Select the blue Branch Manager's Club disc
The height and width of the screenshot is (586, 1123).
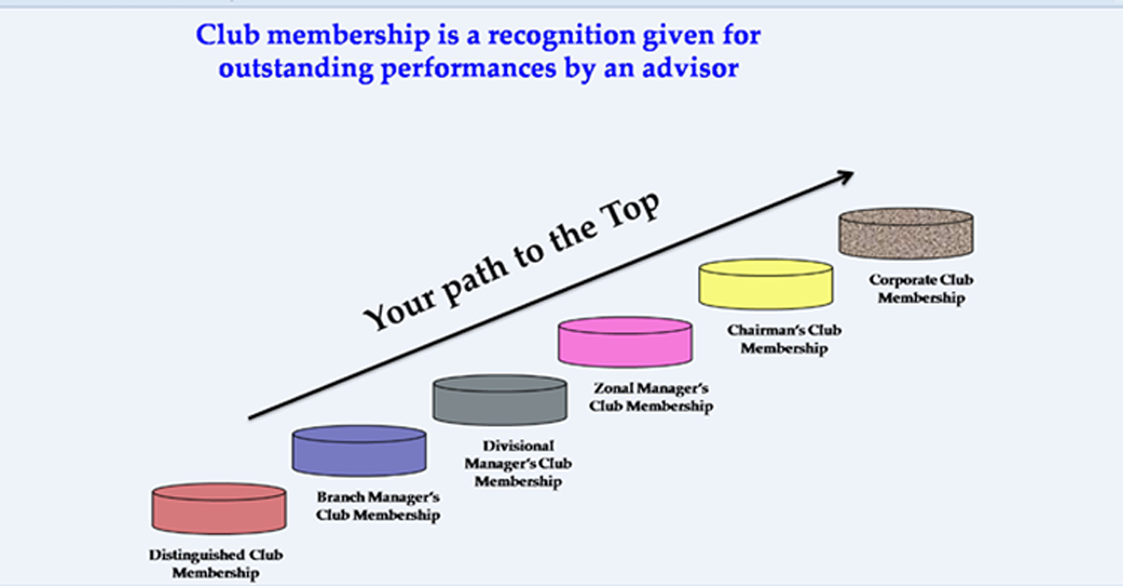358,450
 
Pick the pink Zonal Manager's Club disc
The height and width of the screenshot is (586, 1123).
625,342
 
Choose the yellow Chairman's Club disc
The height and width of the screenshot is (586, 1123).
766,283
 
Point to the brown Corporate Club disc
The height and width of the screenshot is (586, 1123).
906,232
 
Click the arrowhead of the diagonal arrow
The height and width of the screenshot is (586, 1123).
845,176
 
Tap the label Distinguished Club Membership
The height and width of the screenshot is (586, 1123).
217,564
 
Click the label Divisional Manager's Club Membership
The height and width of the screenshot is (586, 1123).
518,464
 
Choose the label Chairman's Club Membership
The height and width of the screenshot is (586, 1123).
783,339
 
